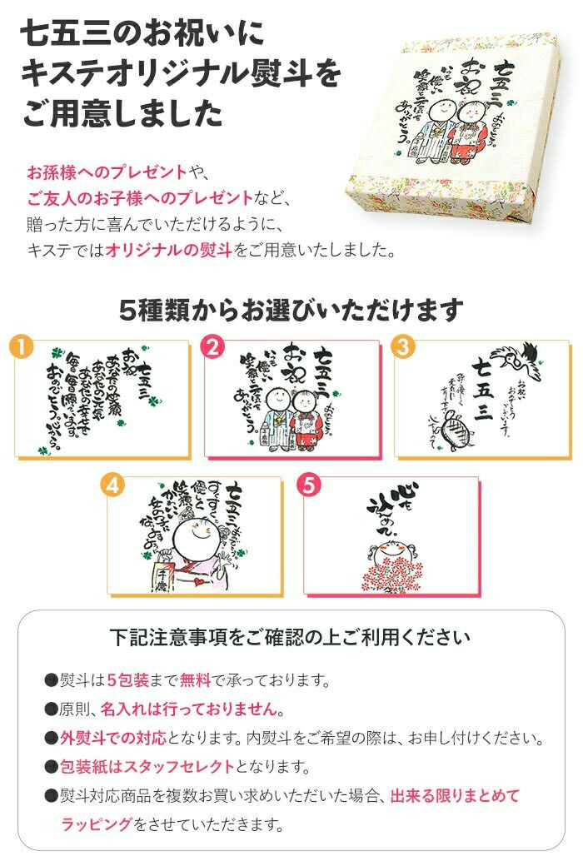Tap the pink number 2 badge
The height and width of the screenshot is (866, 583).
coord(213,348)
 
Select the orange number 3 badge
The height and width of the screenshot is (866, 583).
coord(404,348)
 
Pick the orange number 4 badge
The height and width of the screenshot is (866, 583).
coord(114,486)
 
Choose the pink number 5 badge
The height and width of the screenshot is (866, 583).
coord(311,486)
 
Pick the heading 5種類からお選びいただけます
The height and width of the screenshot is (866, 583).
coord(291,310)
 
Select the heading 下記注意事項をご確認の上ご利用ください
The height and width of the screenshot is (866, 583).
coord(291,638)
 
